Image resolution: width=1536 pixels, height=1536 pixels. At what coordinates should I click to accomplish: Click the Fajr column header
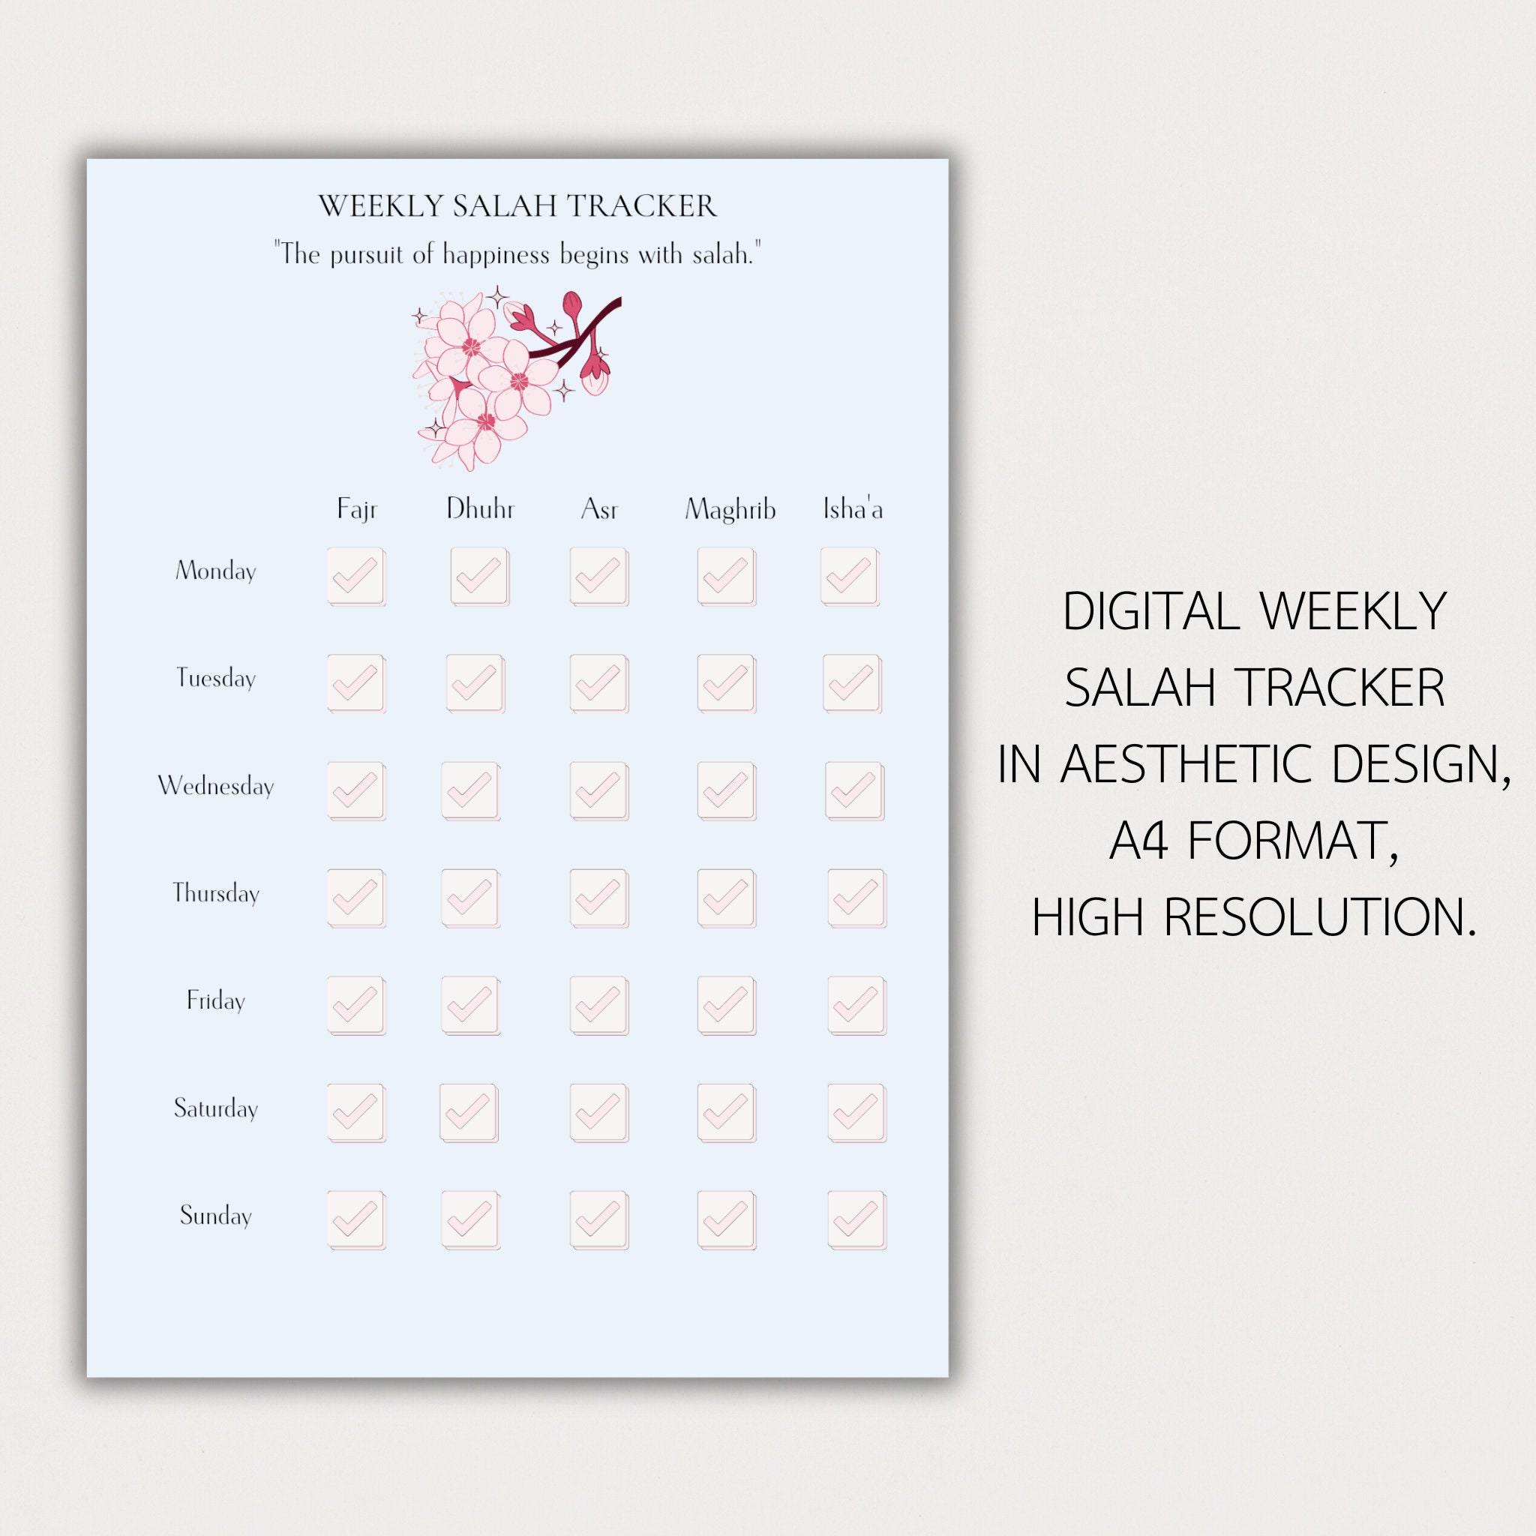(x=356, y=508)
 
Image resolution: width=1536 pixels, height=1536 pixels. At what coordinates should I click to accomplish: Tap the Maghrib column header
(x=730, y=508)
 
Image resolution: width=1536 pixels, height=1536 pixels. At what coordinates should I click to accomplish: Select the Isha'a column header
(x=852, y=508)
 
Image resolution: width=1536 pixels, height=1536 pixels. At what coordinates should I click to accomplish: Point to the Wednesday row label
(x=215, y=785)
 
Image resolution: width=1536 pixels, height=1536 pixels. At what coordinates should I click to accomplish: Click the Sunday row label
(x=215, y=1215)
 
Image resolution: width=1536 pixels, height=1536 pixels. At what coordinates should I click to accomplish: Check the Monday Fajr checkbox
(x=355, y=575)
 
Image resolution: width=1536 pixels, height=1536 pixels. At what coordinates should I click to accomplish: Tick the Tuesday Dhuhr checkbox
(x=475, y=683)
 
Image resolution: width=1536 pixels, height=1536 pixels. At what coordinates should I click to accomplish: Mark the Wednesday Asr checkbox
(x=598, y=790)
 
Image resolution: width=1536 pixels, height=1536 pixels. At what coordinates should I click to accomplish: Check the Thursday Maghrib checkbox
(x=726, y=898)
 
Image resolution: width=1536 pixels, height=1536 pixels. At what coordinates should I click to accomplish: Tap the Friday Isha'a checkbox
(x=856, y=1005)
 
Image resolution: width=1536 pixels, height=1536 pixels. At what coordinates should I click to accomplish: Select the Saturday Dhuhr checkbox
(x=468, y=1112)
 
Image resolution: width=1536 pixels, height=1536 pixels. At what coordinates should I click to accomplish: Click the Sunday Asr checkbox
(x=598, y=1219)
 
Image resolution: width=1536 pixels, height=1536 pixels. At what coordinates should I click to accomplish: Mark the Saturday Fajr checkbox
(x=355, y=1112)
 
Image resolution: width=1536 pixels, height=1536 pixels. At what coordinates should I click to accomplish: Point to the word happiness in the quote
(x=496, y=254)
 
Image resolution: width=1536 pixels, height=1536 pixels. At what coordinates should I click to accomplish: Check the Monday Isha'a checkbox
(x=849, y=575)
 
